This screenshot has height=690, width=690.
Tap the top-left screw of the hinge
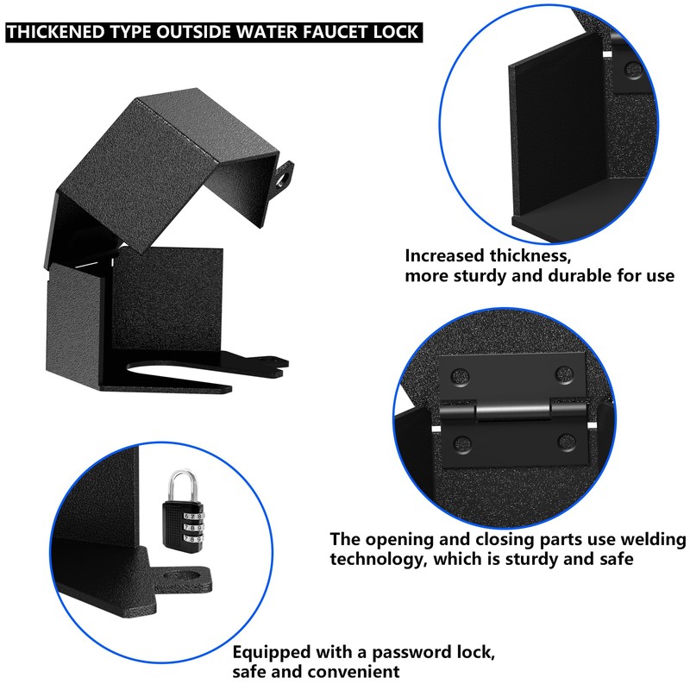click(458, 375)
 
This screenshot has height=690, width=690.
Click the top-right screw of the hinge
click(564, 375)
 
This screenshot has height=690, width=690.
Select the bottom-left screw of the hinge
click(458, 444)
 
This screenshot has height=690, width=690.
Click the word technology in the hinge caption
click(376, 559)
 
